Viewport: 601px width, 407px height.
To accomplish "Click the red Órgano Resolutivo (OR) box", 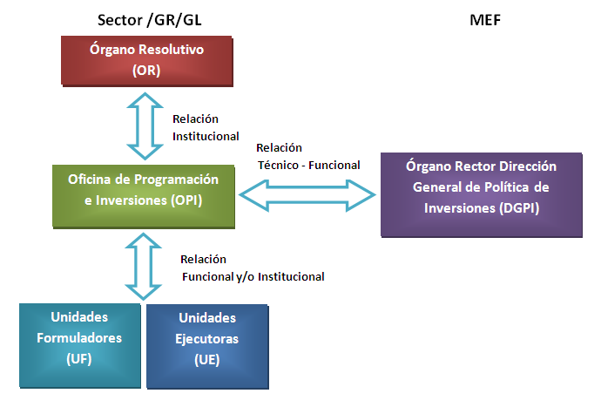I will coord(145,61).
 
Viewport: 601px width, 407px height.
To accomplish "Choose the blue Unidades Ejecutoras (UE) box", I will coord(207,344).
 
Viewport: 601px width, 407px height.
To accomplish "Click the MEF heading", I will coord(486,17).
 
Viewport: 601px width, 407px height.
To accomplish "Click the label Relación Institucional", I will coord(206,127).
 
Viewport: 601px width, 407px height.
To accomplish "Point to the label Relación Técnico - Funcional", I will coord(307,156).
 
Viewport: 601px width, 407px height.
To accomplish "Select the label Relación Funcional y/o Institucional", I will coord(253,268).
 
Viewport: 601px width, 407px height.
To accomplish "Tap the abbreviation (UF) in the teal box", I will coord(79,357).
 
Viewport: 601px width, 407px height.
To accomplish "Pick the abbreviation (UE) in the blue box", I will coord(207,358).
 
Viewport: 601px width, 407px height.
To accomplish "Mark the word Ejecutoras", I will coord(207,338).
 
